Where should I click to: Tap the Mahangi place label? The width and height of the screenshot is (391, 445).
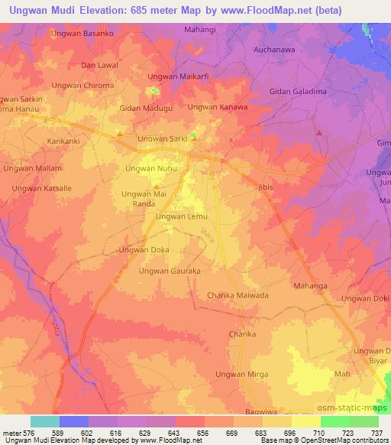coord(201,30)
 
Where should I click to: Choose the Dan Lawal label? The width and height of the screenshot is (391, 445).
coord(99,66)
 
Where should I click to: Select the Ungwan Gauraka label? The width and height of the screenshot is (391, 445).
coord(170,271)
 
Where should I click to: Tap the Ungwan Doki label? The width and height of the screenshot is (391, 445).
coord(365,298)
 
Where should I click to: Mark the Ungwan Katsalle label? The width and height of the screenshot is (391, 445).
coord(42,187)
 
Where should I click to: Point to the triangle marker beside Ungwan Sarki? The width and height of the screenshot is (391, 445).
coord(194,138)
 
